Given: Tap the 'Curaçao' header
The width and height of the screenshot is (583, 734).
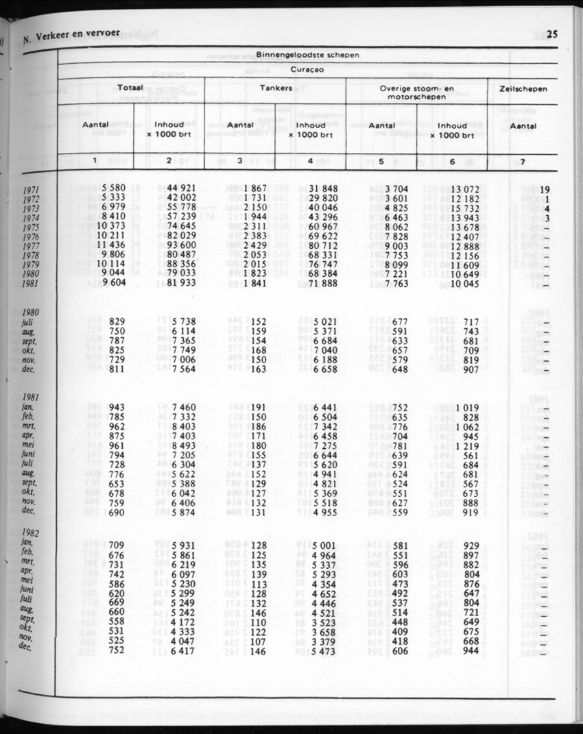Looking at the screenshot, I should pos(307,69).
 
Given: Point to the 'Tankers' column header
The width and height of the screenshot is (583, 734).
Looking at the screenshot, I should pos(276,88).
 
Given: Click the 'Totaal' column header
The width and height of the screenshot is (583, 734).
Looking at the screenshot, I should pos(130,88).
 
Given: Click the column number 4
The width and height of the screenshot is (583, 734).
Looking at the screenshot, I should pos(310,162).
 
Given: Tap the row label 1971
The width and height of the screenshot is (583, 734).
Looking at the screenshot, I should pos(31,189).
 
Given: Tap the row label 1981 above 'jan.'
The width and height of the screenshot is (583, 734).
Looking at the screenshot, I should pos(29,397).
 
